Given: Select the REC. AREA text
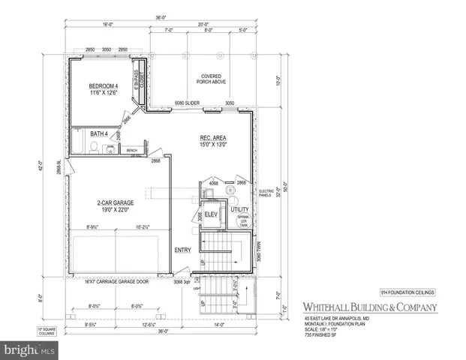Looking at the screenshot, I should point(214,138).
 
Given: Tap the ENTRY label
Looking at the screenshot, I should point(182,250).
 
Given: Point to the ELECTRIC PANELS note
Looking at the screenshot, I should point(267,194).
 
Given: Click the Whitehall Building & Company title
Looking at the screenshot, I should point(361,307).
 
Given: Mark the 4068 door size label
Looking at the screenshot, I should point(214,182).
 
